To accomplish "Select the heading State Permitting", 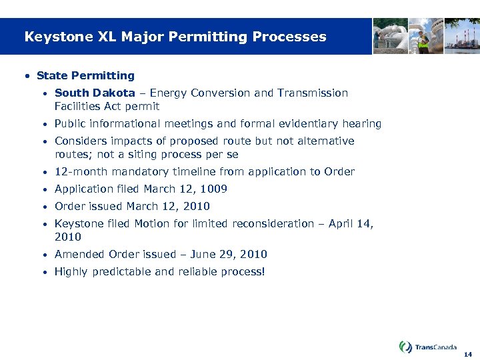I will [x=85, y=75].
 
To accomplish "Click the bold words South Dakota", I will [x=95, y=93].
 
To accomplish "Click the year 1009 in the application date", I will [x=214, y=189].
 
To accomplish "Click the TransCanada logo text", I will [x=435, y=347].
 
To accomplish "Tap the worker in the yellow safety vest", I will [x=423, y=39].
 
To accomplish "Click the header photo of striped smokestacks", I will [x=463, y=36].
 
